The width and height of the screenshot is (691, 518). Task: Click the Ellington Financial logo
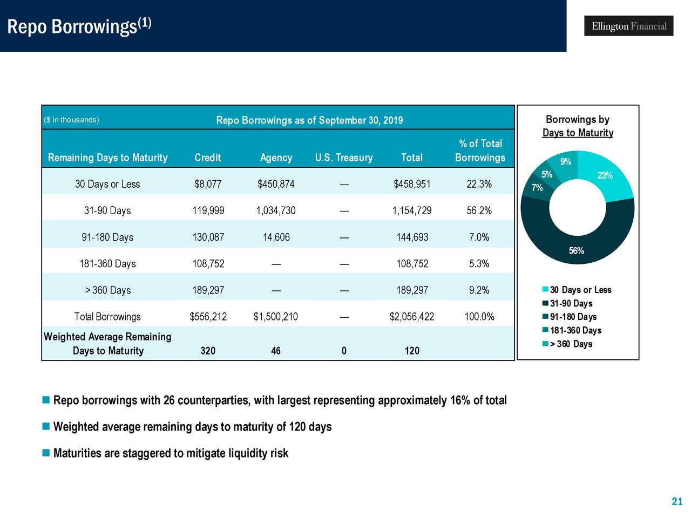(x=628, y=26)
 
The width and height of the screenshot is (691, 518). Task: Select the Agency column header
(x=276, y=158)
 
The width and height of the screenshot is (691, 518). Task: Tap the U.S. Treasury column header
(x=344, y=158)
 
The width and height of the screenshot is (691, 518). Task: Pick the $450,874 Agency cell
(x=276, y=184)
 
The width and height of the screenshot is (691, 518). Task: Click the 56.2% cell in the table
(x=479, y=210)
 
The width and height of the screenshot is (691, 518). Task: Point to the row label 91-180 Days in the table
(x=107, y=237)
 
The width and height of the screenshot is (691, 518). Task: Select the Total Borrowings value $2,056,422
(x=411, y=317)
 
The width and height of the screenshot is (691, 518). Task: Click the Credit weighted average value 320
(x=208, y=351)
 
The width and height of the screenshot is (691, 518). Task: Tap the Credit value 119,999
(x=208, y=210)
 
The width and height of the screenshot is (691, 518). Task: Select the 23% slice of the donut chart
(x=605, y=175)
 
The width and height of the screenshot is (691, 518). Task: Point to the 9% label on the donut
(x=565, y=161)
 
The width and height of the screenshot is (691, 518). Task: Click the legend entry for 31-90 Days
(x=571, y=304)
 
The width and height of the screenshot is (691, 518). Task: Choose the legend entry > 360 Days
(x=571, y=344)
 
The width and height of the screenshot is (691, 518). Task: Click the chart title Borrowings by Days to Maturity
(x=578, y=126)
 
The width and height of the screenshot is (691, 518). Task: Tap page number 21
(x=677, y=502)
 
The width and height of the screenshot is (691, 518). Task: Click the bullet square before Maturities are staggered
(x=46, y=452)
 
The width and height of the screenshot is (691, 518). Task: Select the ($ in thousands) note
(x=71, y=120)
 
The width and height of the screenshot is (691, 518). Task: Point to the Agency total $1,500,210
(x=275, y=317)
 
